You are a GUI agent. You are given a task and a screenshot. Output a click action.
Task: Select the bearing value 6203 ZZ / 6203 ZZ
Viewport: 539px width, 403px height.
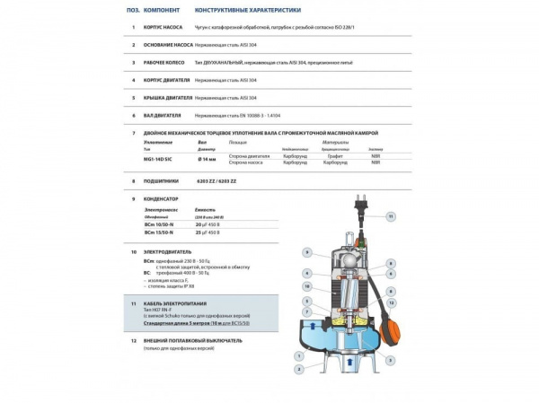216,180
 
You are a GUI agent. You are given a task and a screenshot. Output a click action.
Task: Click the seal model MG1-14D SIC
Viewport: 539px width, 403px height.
161,158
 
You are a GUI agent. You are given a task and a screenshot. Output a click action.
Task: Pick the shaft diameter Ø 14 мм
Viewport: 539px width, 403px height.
206,158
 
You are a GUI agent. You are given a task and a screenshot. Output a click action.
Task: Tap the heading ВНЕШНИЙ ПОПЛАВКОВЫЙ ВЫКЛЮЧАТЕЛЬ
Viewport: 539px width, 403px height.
199,341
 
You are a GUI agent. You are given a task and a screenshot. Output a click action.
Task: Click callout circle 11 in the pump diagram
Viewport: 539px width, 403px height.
390,216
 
